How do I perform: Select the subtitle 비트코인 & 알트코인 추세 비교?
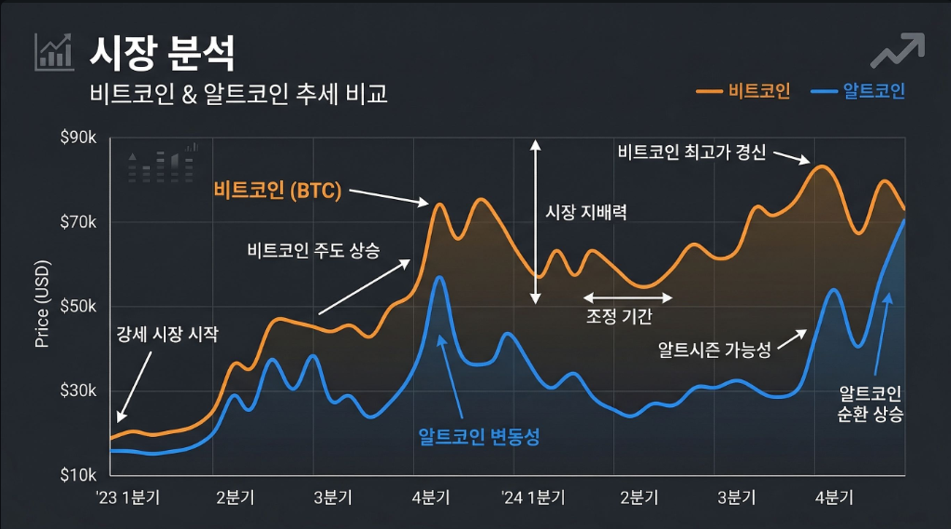coord(238,94)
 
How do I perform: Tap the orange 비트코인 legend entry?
coord(743,91)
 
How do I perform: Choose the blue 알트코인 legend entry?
coord(859,91)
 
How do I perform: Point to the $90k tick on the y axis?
coord(78,139)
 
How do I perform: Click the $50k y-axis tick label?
coord(78,307)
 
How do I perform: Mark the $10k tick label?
coord(78,475)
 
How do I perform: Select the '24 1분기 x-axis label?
coord(532,497)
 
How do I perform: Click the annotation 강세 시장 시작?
coord(167,335)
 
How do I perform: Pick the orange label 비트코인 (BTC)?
coord(278,192)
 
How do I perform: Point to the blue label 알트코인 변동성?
coord(479,436)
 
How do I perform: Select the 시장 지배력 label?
coord(585,212)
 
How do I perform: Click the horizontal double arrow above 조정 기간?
coord(627,298)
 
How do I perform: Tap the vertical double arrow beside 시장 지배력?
coord(535,222)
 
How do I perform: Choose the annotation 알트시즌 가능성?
coord(715,350)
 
